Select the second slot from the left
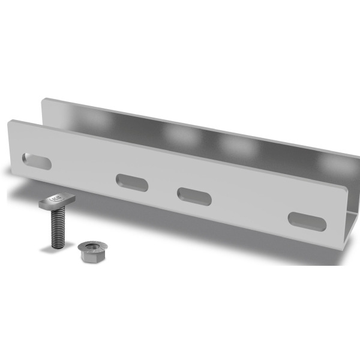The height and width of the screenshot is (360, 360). coord(132,182)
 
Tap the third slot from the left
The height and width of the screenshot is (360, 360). coord(193,196)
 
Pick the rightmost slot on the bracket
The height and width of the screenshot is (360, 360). coord(307,221)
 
